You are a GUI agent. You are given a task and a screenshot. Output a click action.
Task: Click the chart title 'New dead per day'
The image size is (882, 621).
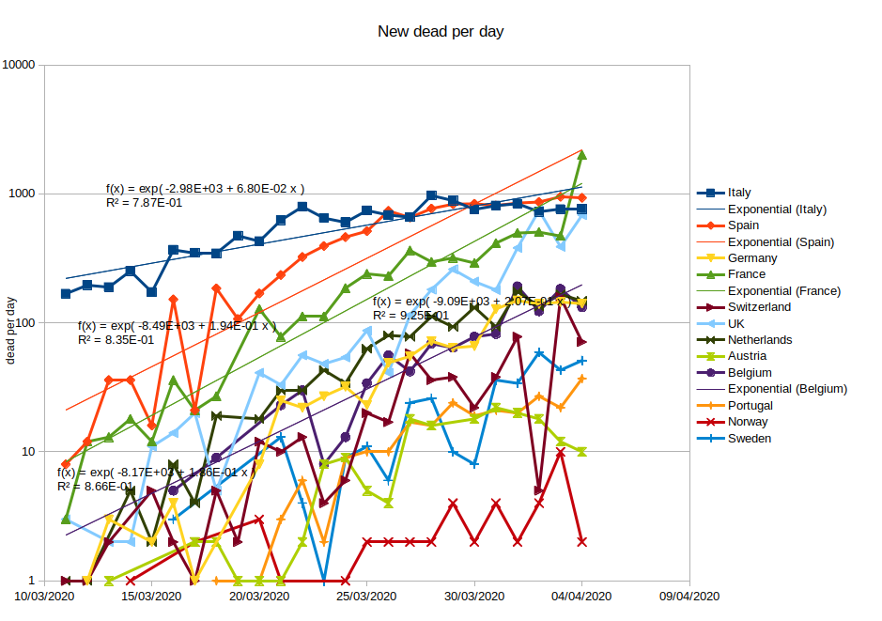point(441,32)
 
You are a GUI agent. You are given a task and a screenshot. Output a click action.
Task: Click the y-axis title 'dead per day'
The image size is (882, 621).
point(12,330)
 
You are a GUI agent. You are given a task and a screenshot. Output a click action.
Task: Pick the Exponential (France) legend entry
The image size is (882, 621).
point(784,291)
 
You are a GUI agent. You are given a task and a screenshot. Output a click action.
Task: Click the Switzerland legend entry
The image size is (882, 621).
point(759,307)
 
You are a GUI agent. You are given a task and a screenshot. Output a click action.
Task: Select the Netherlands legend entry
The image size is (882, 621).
point(759,340)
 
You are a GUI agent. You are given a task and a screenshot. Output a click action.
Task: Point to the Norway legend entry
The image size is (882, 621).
point(749,422)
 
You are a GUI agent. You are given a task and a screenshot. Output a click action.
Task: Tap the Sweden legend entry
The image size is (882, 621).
point(750,439)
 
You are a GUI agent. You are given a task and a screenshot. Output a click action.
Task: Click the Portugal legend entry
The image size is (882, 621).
point(750,406)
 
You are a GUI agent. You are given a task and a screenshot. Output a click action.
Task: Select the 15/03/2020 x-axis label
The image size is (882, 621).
point(151,597)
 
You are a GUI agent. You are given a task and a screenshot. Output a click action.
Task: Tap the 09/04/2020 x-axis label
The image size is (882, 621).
point(689,597)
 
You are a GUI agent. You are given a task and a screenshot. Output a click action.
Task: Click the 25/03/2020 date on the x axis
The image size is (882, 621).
point(366,597)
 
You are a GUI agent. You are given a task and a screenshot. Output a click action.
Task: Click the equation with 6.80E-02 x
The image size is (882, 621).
point(205,188)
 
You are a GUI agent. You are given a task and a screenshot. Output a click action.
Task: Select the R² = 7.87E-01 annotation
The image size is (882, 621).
point(145,202)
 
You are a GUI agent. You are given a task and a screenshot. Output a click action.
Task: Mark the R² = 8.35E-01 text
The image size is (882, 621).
point(116,339)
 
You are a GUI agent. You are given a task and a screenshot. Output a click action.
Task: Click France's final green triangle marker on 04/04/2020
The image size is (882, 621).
point(582,154)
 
